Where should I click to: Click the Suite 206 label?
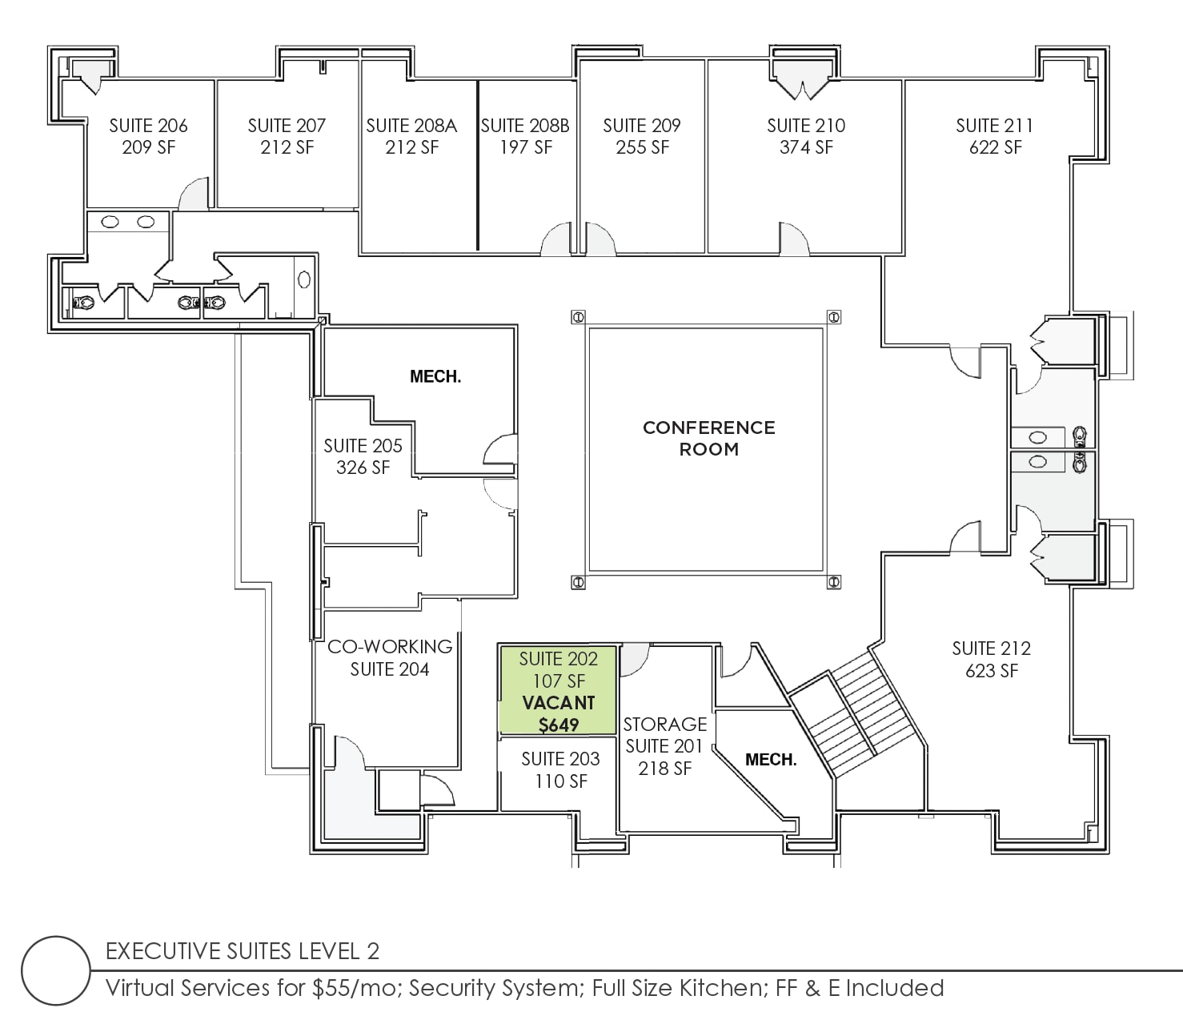[148, 126]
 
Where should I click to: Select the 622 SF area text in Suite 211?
[995, 147]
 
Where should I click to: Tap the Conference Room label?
[708, 438]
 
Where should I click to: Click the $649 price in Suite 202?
[558, 725]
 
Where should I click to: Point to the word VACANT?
[558, 703]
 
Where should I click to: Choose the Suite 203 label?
[560, 759]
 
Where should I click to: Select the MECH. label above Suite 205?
[435, 376]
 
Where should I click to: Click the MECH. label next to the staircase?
[770, 760]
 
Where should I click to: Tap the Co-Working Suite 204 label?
[390, 657]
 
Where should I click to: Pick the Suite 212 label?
[991, 649]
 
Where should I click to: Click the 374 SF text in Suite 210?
[806, 147]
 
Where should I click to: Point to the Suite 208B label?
[525, 126]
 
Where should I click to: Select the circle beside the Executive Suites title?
[56, 970]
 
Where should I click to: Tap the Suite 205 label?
[363, 446]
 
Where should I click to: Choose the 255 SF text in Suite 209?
[642, 147]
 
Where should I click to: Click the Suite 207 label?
[287, 126]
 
